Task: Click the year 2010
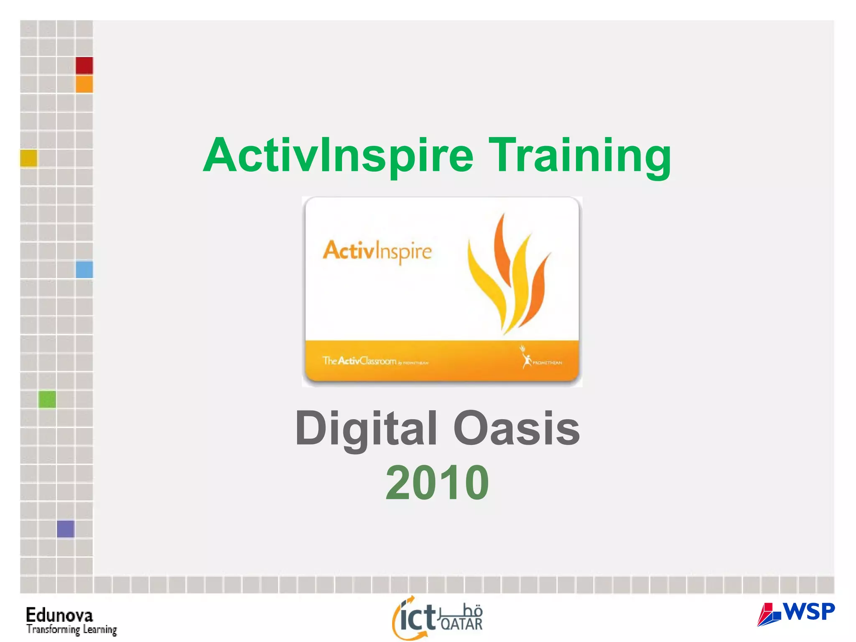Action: pos(437,483)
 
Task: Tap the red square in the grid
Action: pos(84,66)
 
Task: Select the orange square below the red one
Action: pos(84,84)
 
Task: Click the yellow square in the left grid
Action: pos(29,158)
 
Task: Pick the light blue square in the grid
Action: pos(84,270)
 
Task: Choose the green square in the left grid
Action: pos(47,399)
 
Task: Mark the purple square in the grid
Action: pos(66,529)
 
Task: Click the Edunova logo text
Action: pos(59,615)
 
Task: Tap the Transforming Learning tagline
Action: pos(71,629)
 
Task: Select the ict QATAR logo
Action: pos(437,618)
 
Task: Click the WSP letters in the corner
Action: pos(809,611)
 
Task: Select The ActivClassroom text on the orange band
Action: pos(359,361)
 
